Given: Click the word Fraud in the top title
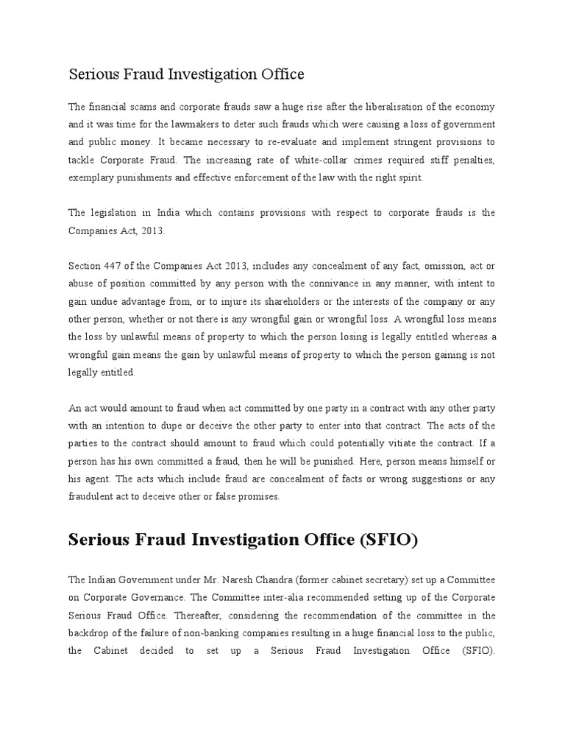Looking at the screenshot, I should point(135,74).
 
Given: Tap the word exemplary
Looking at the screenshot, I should point(93,177).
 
